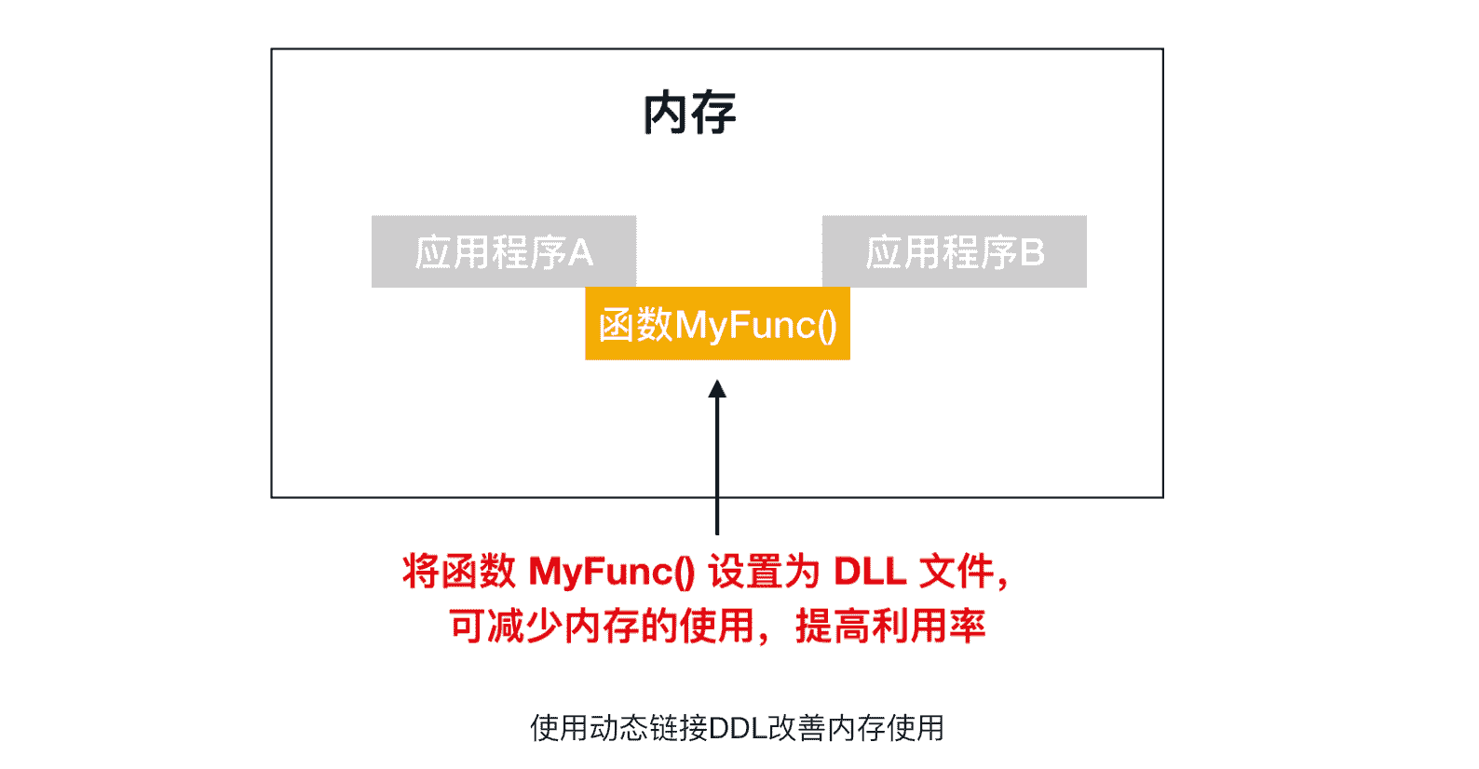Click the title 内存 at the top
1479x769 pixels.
tap(689, 114)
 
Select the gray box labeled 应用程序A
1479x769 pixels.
tap(503, 251)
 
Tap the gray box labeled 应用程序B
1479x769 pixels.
tap(954, 251)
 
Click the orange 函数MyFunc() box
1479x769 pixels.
tap(717, 324)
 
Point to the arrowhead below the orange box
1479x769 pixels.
tap(717, 388)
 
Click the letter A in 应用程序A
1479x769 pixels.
tap(580, 252)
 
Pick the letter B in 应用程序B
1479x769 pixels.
tap(1032, 252)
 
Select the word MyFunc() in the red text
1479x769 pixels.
tap(612, 571)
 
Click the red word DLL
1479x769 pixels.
tap(869, 571)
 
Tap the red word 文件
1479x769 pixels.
tap(957, 571)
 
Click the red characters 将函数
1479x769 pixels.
tap(458, 571)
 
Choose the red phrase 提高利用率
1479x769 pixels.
tap(890, 627)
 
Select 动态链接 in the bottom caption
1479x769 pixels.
tap(648, 728)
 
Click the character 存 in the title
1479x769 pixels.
tap(713, 114)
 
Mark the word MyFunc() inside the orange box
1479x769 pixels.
tap(755, 325)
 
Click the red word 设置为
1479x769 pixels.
tap(764, 571)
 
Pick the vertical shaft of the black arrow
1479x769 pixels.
tap(717, 465)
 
